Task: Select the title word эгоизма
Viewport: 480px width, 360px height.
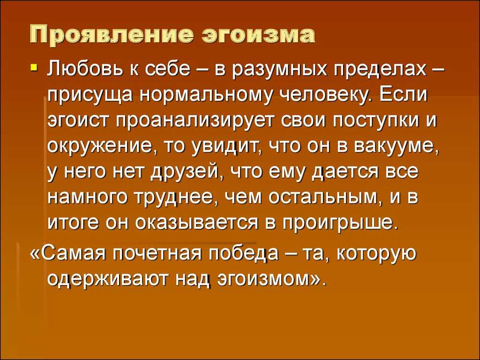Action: (259, 35)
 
